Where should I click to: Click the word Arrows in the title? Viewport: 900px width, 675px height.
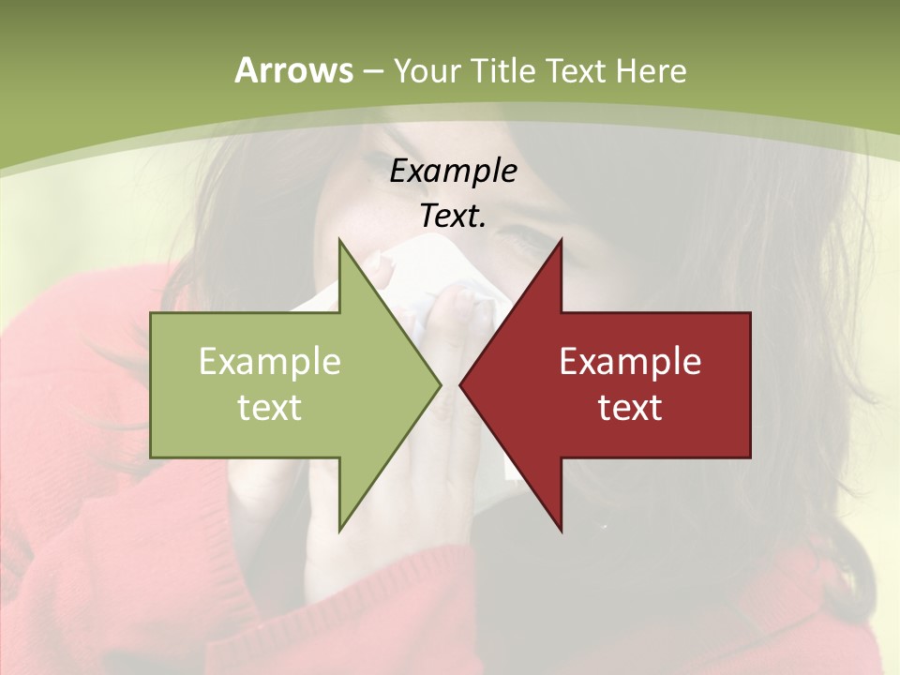[x=292, y=71]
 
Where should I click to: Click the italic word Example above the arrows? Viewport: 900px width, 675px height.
[x=453, y=171]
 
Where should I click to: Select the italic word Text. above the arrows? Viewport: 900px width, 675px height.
[x=453, y=217]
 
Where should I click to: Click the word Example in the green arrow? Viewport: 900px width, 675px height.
[x=270, y=362]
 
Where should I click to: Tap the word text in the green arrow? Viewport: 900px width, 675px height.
[x=270, y=408]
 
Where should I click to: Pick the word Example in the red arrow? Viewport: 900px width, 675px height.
[x=630, y=362]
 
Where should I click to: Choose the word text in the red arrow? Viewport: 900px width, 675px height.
[x=630, y=408]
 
